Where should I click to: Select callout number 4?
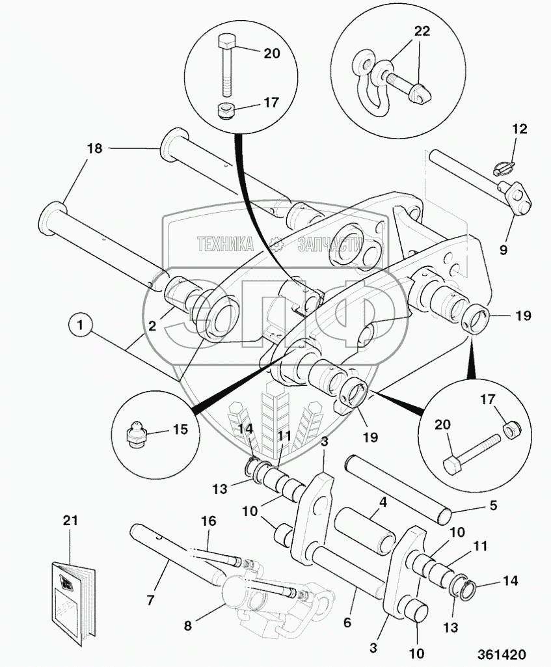383,502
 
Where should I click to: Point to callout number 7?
150,599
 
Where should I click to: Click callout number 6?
348,623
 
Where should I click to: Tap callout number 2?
152,326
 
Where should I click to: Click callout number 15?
179,429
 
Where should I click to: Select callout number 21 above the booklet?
70,520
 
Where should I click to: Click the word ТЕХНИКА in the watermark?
226,245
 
